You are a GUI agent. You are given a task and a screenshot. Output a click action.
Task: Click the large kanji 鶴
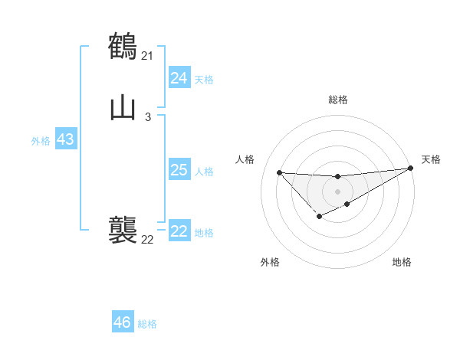(x=123, y=46)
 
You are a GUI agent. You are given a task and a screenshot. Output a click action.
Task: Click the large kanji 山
(x=123, y=108)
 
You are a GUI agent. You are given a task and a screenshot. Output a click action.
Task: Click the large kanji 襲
(x=123, y=230)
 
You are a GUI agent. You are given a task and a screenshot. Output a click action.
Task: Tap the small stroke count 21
(x=147, y=55)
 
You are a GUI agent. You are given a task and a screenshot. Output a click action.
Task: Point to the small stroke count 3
(x=147, y=117)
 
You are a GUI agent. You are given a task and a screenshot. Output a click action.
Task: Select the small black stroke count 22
(x=147, y=239)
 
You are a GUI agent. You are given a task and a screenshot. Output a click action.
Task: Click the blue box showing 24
(x=179, y=78)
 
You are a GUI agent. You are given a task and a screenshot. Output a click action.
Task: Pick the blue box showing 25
(x=179, y=170)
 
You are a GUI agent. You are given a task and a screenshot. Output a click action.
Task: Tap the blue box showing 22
(x=179, y=232)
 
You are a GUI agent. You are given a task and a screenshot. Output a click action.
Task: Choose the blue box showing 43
(x=65, y=140)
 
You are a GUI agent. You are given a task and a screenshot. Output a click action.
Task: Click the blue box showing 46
(x=122, y=322)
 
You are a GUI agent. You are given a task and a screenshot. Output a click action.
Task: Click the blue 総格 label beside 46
(x=147, y=324)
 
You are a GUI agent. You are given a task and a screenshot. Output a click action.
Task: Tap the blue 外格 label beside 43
(x=41, y=141)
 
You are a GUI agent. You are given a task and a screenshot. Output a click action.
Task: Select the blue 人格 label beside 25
(x=205, y=172)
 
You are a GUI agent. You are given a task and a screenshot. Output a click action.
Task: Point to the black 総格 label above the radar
(x=337, y=100)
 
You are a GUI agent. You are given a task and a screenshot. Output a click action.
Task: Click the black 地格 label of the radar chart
(x=402, y=262)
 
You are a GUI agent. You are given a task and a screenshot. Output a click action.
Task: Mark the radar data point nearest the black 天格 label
(x=411, y=169)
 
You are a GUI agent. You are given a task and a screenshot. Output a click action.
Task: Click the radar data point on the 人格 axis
(x=279, y=172)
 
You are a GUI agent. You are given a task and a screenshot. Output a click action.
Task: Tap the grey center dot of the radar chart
(x=337, y=191)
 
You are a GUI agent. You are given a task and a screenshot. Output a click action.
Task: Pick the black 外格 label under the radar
(x=270, y=262)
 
